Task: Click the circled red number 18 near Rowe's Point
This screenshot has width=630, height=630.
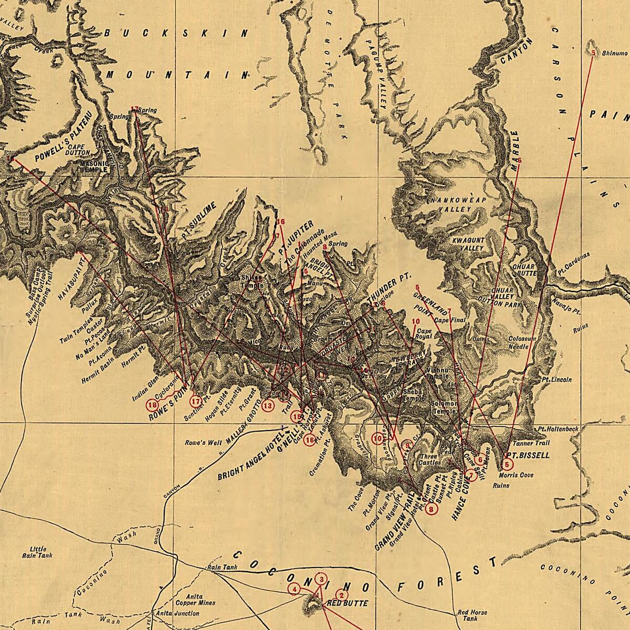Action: (x=153, y=405)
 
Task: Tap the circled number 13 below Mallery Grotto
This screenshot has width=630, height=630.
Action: (x=268, y=405)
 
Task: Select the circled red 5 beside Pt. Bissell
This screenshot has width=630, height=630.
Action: (x=507, y=464)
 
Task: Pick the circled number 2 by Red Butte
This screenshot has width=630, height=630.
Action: (x=341, y=595)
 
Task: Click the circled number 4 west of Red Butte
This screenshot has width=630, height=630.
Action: (x=295, y=590)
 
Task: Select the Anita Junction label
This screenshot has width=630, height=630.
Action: (x=181, y=613)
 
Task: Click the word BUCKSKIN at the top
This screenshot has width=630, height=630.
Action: (x=176, y=33)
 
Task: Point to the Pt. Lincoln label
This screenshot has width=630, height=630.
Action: (x=557, y=379)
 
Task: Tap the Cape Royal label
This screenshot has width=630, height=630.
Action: (x=424, y=334)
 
